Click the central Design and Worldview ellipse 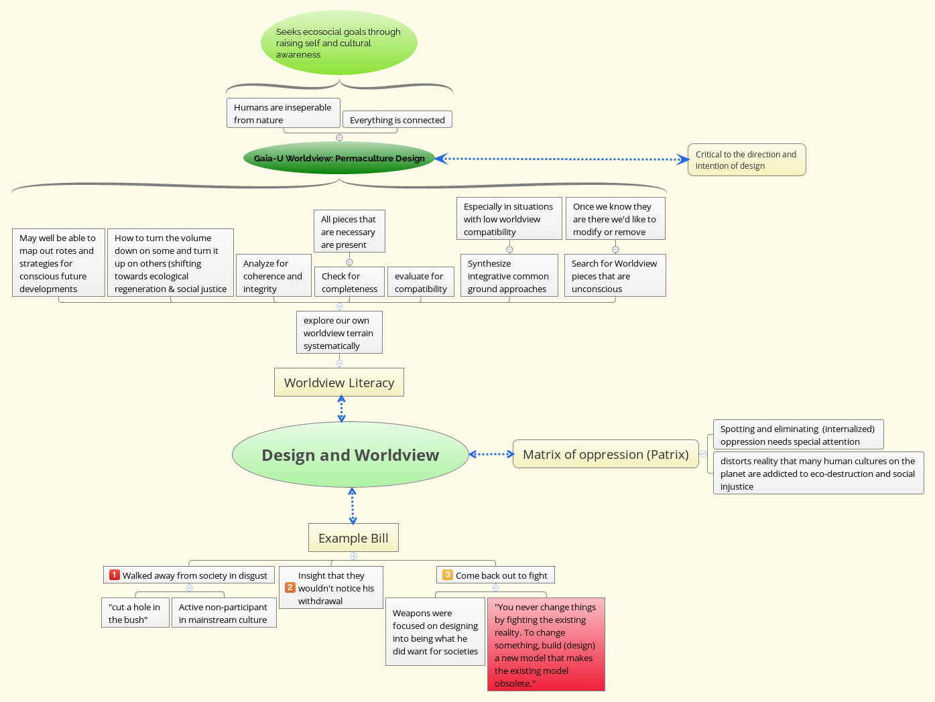tap(350, 455)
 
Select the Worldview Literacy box tap(339, 382)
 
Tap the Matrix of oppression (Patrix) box tap(605, 454)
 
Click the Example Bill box tap(353, 538)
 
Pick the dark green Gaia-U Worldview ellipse tap(339, 158)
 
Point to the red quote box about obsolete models tap(546, 644)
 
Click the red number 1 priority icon tap(115, 575)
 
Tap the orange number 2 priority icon tap(290, 587)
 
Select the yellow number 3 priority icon tap(448, 575)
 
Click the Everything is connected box tap(397, 120)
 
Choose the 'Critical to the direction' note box tap(746, 160)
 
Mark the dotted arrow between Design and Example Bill tap(353, 506)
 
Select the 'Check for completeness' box tap(349, 282)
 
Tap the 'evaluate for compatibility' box tap(420, 282)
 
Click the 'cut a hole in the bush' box tap(135, 613)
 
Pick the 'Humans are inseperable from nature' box tap(283, 113)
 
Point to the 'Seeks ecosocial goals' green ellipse tap(338, 43)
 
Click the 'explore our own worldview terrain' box tap(339, 333)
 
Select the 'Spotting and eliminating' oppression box tap(798, 435)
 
